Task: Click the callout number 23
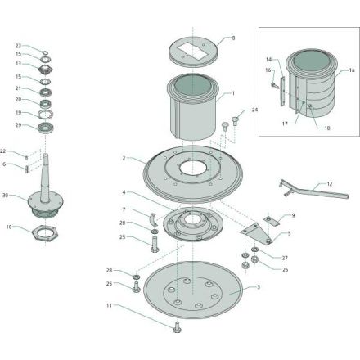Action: [18, 46]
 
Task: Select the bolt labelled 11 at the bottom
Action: [177, 327]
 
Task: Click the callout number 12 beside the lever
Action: [330, 184]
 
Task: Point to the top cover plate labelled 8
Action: [193, 52]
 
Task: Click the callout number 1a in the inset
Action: [352, 70]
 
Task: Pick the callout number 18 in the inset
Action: [327, 128]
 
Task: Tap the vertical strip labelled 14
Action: [283, 91]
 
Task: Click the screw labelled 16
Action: [274, 85]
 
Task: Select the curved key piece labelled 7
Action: [153, 219]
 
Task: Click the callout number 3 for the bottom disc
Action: [259, 287]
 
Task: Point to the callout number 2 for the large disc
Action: [124, 158]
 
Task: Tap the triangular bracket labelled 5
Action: [255, 232]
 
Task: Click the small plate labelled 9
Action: [272, 220]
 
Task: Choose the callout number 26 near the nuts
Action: [285, 270]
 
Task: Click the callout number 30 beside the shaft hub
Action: [6, 196]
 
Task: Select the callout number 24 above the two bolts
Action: [254, 110]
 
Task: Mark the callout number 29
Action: [18, 125]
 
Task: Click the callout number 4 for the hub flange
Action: [124, 192]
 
